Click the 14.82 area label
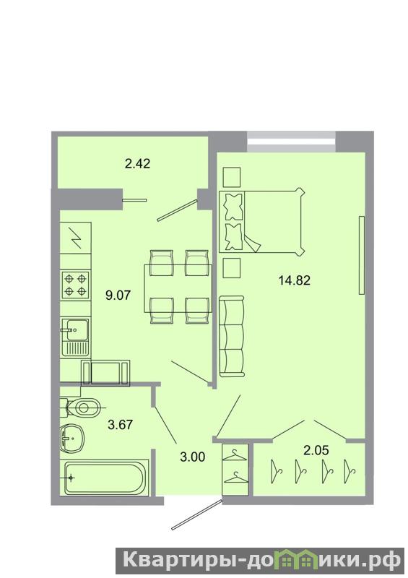tap(294, 280)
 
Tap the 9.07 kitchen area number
tap(118, 296)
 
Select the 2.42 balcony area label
tap(137, 163)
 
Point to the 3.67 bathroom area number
tap(120, 425)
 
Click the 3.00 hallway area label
tap(192, 457)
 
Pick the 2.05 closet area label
tap(316, 449)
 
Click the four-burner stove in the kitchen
tap(76, 285)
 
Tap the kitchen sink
tap(76, 337)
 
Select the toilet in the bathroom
tap(81, 407)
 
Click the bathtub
tap(104, 478)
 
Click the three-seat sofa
tap(232, 336)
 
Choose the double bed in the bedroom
tap(262, 221)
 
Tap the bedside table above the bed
tap(232, 177)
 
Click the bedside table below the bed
tap(232, 267)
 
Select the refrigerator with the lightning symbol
tap(76, 238)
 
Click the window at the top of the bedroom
tap(291, 141)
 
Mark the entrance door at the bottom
tap(197, 514)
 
